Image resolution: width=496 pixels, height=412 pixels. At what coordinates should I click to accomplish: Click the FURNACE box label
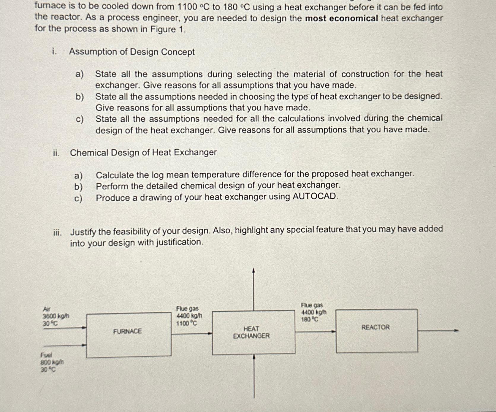127,331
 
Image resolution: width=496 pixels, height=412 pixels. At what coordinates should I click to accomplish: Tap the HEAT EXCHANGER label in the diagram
251,332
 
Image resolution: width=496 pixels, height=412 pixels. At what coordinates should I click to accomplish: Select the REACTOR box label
375,327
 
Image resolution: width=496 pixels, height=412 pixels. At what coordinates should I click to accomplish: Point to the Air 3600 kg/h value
56,316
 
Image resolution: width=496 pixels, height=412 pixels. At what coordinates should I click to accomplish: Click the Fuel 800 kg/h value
52,362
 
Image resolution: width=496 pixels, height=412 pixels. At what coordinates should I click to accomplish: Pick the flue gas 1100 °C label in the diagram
186,323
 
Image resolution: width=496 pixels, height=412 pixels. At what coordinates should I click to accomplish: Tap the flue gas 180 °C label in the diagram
310,319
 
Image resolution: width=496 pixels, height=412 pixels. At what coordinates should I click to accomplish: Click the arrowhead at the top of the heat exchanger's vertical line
253,271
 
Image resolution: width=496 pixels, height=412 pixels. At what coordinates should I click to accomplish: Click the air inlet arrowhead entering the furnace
84,328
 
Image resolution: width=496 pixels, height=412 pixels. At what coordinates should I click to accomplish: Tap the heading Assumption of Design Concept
132,52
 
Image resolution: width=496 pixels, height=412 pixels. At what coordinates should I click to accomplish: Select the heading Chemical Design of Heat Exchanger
143,153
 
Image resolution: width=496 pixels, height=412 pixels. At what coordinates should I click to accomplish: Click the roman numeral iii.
57,232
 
